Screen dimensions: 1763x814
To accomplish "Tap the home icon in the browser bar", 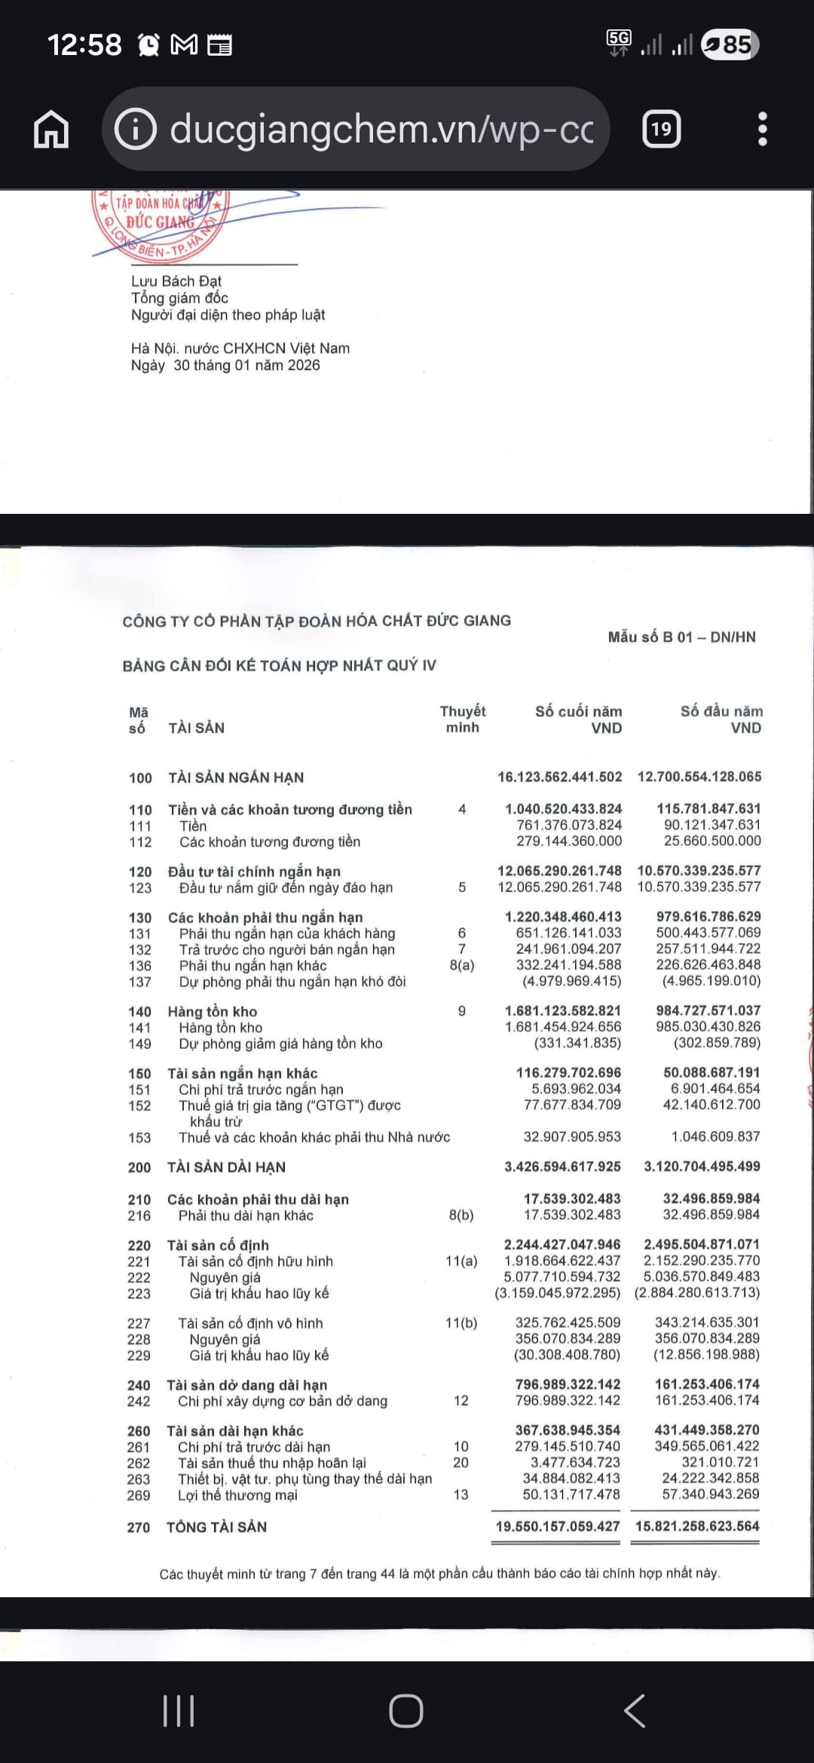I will pyautogui.click(x=51, y=130).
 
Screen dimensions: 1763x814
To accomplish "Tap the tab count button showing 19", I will pyautogui.click(x=661, y=130).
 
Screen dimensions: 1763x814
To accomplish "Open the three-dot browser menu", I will pyautogui.click(x=762, y=130).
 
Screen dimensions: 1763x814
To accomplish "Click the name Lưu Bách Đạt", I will pyautogui.click(x=176, y=281).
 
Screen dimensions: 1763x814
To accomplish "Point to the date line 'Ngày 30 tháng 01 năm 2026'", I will pyautogui.click(x=225, y=365).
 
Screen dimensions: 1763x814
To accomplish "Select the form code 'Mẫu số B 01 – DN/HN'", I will pyautogui.click(x=681, y=637).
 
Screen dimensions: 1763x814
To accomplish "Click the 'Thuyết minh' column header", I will pyautogui.click(x=462, y=720).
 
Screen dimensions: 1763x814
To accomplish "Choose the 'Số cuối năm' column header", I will pyautogui.click(x=578, y=712).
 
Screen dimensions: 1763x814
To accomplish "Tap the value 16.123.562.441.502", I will pyautogui.click(x=559, y=777).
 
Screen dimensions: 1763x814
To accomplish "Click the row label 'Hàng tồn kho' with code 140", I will pyautogui.click(x=213, y=1011).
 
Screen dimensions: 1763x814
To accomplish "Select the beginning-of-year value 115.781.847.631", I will pyautogui.click(x=708, y=808).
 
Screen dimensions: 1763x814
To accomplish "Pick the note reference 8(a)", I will pyautogui.click(x=461, y=965).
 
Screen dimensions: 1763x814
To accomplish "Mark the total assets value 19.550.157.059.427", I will pyautogui.click(x=557, y=1526).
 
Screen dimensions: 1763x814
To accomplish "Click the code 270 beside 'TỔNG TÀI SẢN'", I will pyautogui.click(x=139, y=1527).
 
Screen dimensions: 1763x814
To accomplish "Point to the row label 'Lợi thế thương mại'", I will pyautogui.click(x=237, y=1495).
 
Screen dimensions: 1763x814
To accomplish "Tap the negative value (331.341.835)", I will pyautogui.click(x=577, y=1043).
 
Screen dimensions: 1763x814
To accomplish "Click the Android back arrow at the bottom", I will pyautogui.click(x=635, y=1711).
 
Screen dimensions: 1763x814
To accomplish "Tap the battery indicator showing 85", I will pyautogui.click(x=729, y=44).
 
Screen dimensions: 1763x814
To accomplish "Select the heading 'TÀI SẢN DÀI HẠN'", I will pyautogui.click(x=226, y=1167).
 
